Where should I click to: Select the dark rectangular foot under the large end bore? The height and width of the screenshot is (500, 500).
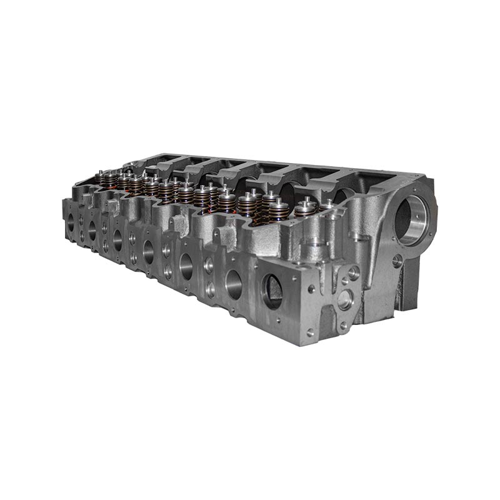pos(409,287)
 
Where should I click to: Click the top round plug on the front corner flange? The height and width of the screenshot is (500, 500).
pos(354,272)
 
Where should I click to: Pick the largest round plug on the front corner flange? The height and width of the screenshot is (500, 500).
pos(345,299)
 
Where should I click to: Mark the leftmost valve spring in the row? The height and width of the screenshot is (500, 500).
pos(99,177)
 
